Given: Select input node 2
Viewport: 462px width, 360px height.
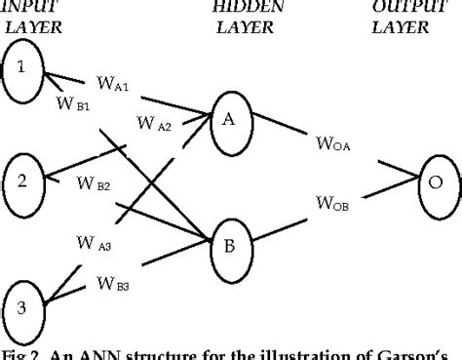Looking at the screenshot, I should click(23, 180).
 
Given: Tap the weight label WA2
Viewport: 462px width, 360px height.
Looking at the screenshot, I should click(153, 124).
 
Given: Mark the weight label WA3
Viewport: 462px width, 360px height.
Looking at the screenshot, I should click(94, 245).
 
